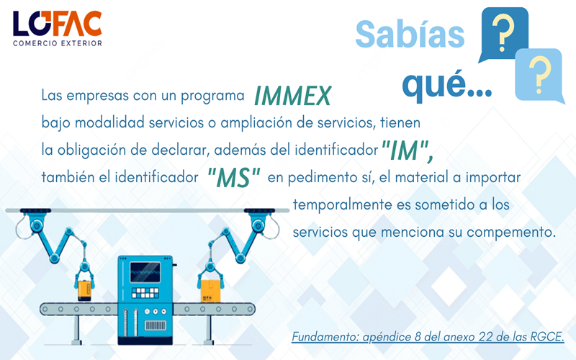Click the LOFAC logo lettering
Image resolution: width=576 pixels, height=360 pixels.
point(58,24)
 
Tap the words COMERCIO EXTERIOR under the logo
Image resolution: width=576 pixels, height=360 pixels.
point(58,43)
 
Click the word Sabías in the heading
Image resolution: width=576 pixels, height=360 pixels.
point(410,34)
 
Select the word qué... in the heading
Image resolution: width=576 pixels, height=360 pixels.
point(447,85)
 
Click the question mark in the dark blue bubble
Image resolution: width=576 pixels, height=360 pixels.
point(503,32)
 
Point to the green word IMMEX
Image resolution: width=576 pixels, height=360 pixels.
point(293,96)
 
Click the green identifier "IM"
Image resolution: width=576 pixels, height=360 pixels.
point(408,150)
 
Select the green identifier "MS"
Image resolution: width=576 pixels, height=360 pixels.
point(234,177)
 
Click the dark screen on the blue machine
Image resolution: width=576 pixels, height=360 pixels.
point(145,272)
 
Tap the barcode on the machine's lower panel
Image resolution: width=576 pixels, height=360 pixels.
point(156,325)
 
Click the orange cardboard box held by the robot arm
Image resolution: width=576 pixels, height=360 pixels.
point(210,291)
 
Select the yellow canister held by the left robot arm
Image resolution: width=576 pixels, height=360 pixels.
point(84,290)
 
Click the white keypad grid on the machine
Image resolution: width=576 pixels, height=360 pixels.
point(145,293)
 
